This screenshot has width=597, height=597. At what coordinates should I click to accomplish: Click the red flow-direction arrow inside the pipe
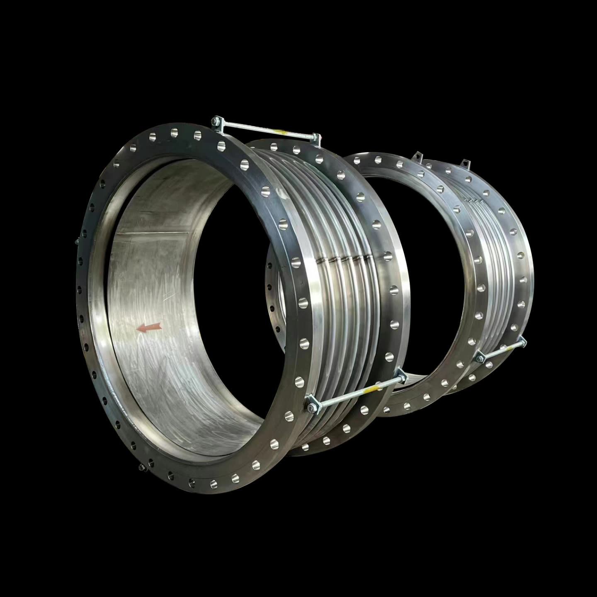[x=149, y=328]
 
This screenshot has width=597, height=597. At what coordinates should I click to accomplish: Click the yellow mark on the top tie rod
[x=283, y=131]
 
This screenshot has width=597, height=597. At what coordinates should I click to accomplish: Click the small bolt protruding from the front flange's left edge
[x=77, y=243]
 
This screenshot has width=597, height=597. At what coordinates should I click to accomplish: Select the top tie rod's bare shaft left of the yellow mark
[x=249, y=126]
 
